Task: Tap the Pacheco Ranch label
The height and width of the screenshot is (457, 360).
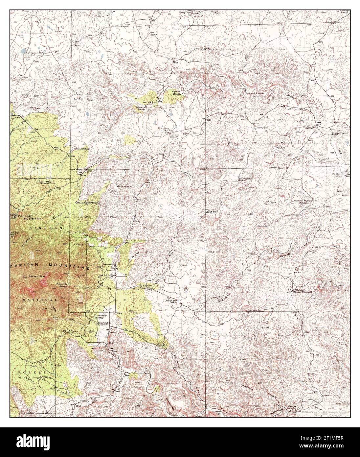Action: pos(255,94)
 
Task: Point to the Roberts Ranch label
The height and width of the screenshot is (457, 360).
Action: pos(139,108)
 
